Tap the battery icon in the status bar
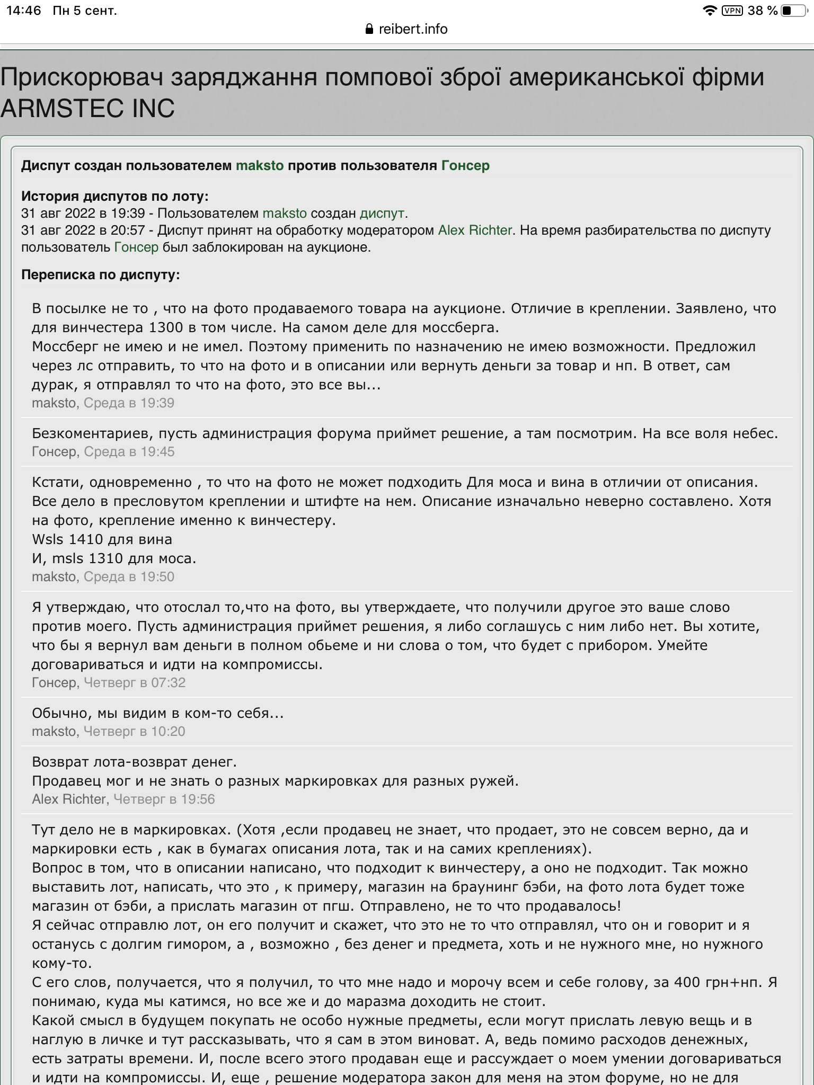[x=793, y=11]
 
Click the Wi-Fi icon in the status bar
[x=709, y=11]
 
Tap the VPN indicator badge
[x=732, y=11]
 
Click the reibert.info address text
[x=413, y=29]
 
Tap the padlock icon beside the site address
[x=370, y=29]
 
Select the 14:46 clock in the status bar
[x=24, y=11]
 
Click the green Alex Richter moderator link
[x=475, y=230]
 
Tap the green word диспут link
[x=382, y=214]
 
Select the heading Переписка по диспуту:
[x=101, y=275]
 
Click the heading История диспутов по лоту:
[x=115, y=197]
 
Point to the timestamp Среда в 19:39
[x=129, y=403]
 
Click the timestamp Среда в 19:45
[x=129, y=452]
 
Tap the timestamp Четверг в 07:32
[x=135, y=683]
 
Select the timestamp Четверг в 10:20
[x=135, y=732]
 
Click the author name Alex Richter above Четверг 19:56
[x=69, y=799]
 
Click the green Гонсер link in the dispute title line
[x=465, y=166]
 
